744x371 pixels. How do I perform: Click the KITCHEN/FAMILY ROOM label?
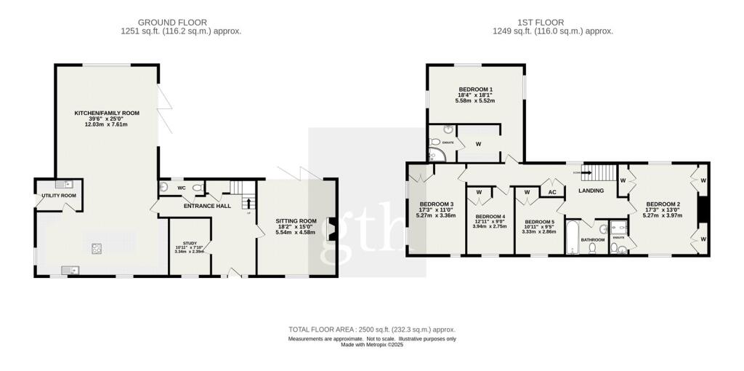click(x=107, y=113)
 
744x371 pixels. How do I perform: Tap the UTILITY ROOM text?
click(x=59, y=196)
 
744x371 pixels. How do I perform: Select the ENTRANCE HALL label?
click(x=207, y=206)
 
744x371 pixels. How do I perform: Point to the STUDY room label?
click(x=190, y=243)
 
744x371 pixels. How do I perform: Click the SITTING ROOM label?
click(x=296, y=220)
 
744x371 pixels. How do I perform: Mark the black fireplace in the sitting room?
click(x=332, y=228)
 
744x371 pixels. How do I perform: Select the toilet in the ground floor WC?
click(x=197, y=188)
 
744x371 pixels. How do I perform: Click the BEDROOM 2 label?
click(x=663, y=204)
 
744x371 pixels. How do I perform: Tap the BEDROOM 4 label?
click(x=489, y=216)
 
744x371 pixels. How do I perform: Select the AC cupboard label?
click(x=551, y=192)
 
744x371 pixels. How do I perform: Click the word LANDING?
click(x=591, y=191)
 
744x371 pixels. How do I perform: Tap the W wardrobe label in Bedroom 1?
click(x=478, y=143)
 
